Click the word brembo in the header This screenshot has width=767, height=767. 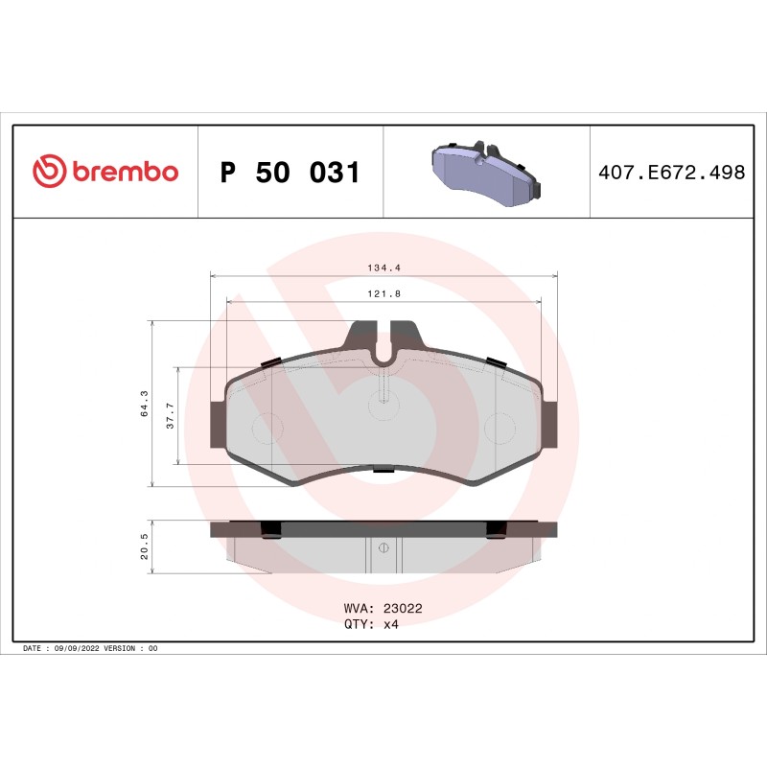(125, 173)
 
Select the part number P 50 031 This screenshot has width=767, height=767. (290, 174)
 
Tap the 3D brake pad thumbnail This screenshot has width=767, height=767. (486, 173)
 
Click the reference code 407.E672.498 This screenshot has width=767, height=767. (671, 174)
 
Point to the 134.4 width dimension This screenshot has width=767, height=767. (383, 269)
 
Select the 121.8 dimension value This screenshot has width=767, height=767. (383, 292)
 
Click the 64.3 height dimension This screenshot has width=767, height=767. (145, 403)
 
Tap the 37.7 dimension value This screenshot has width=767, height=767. (171, 414)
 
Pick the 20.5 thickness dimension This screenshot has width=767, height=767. (145, 547)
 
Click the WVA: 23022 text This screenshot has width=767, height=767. (383, 608)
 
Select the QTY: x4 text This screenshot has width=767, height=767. (370, 623)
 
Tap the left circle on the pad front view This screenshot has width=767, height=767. (267, 428)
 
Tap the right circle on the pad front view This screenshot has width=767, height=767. (500, 428)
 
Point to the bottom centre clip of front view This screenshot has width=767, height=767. (383, 470)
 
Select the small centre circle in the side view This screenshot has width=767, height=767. (383, 548)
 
